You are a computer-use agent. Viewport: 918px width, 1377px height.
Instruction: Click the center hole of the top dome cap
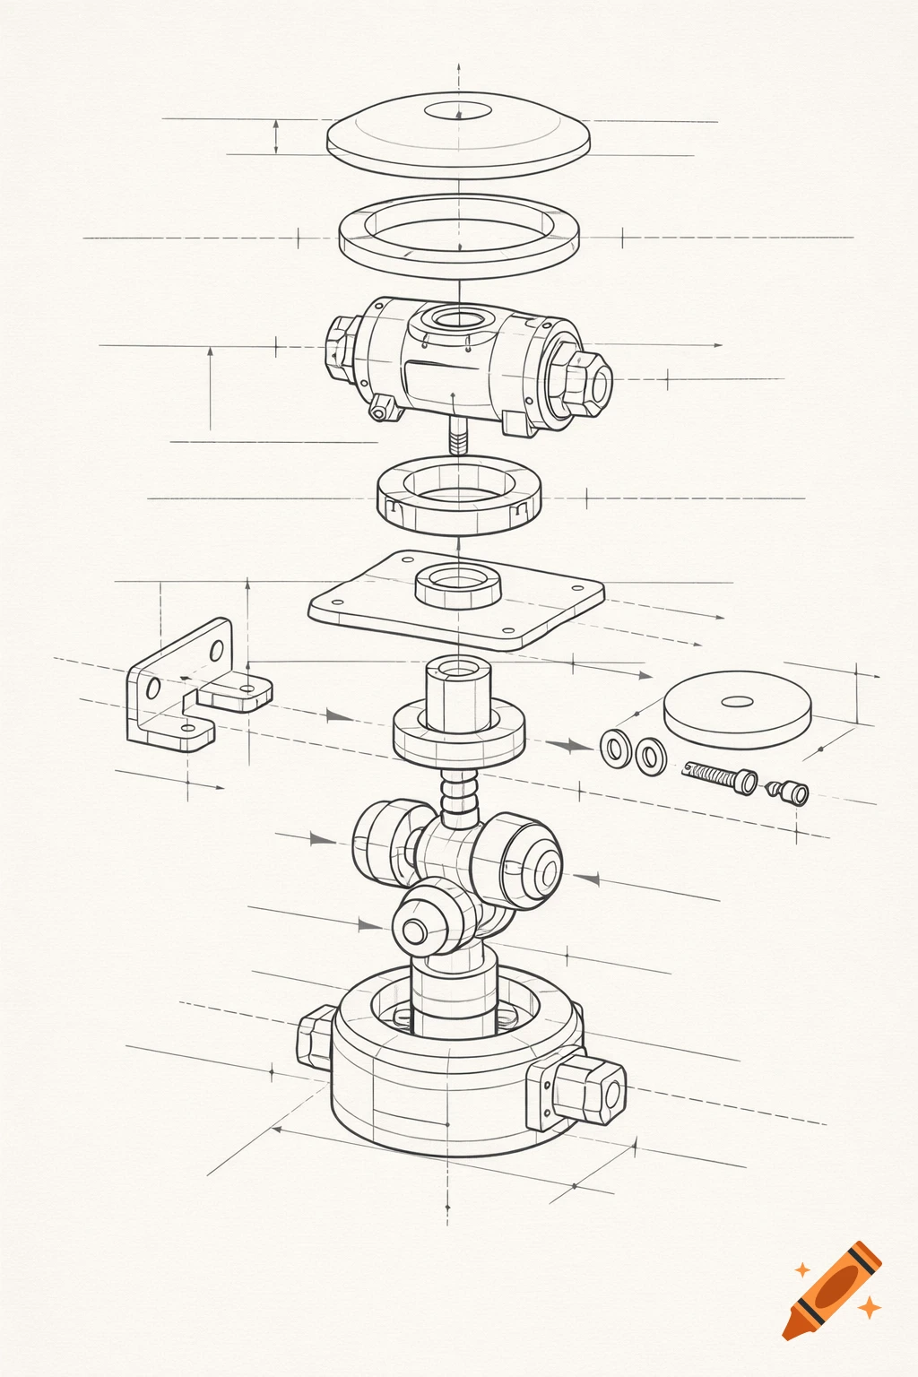tap(458, 112)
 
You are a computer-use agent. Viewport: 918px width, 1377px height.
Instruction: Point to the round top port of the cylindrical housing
tap(458, 318)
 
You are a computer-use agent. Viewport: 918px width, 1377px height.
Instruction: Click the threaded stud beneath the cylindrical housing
tap(458, 438)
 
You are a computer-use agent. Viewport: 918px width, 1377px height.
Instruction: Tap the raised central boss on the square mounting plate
tap(458, 586)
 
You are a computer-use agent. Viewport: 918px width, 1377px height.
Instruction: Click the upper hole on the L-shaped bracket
tap(216, 650)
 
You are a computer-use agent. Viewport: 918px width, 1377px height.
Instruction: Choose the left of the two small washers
tap(614, 747)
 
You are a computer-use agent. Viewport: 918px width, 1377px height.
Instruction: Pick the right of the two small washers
tap(650, 756)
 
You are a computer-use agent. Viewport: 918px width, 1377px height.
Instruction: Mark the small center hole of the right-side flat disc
tap(737, 701)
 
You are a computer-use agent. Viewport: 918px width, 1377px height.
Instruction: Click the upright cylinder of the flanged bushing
tap(458, 692)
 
